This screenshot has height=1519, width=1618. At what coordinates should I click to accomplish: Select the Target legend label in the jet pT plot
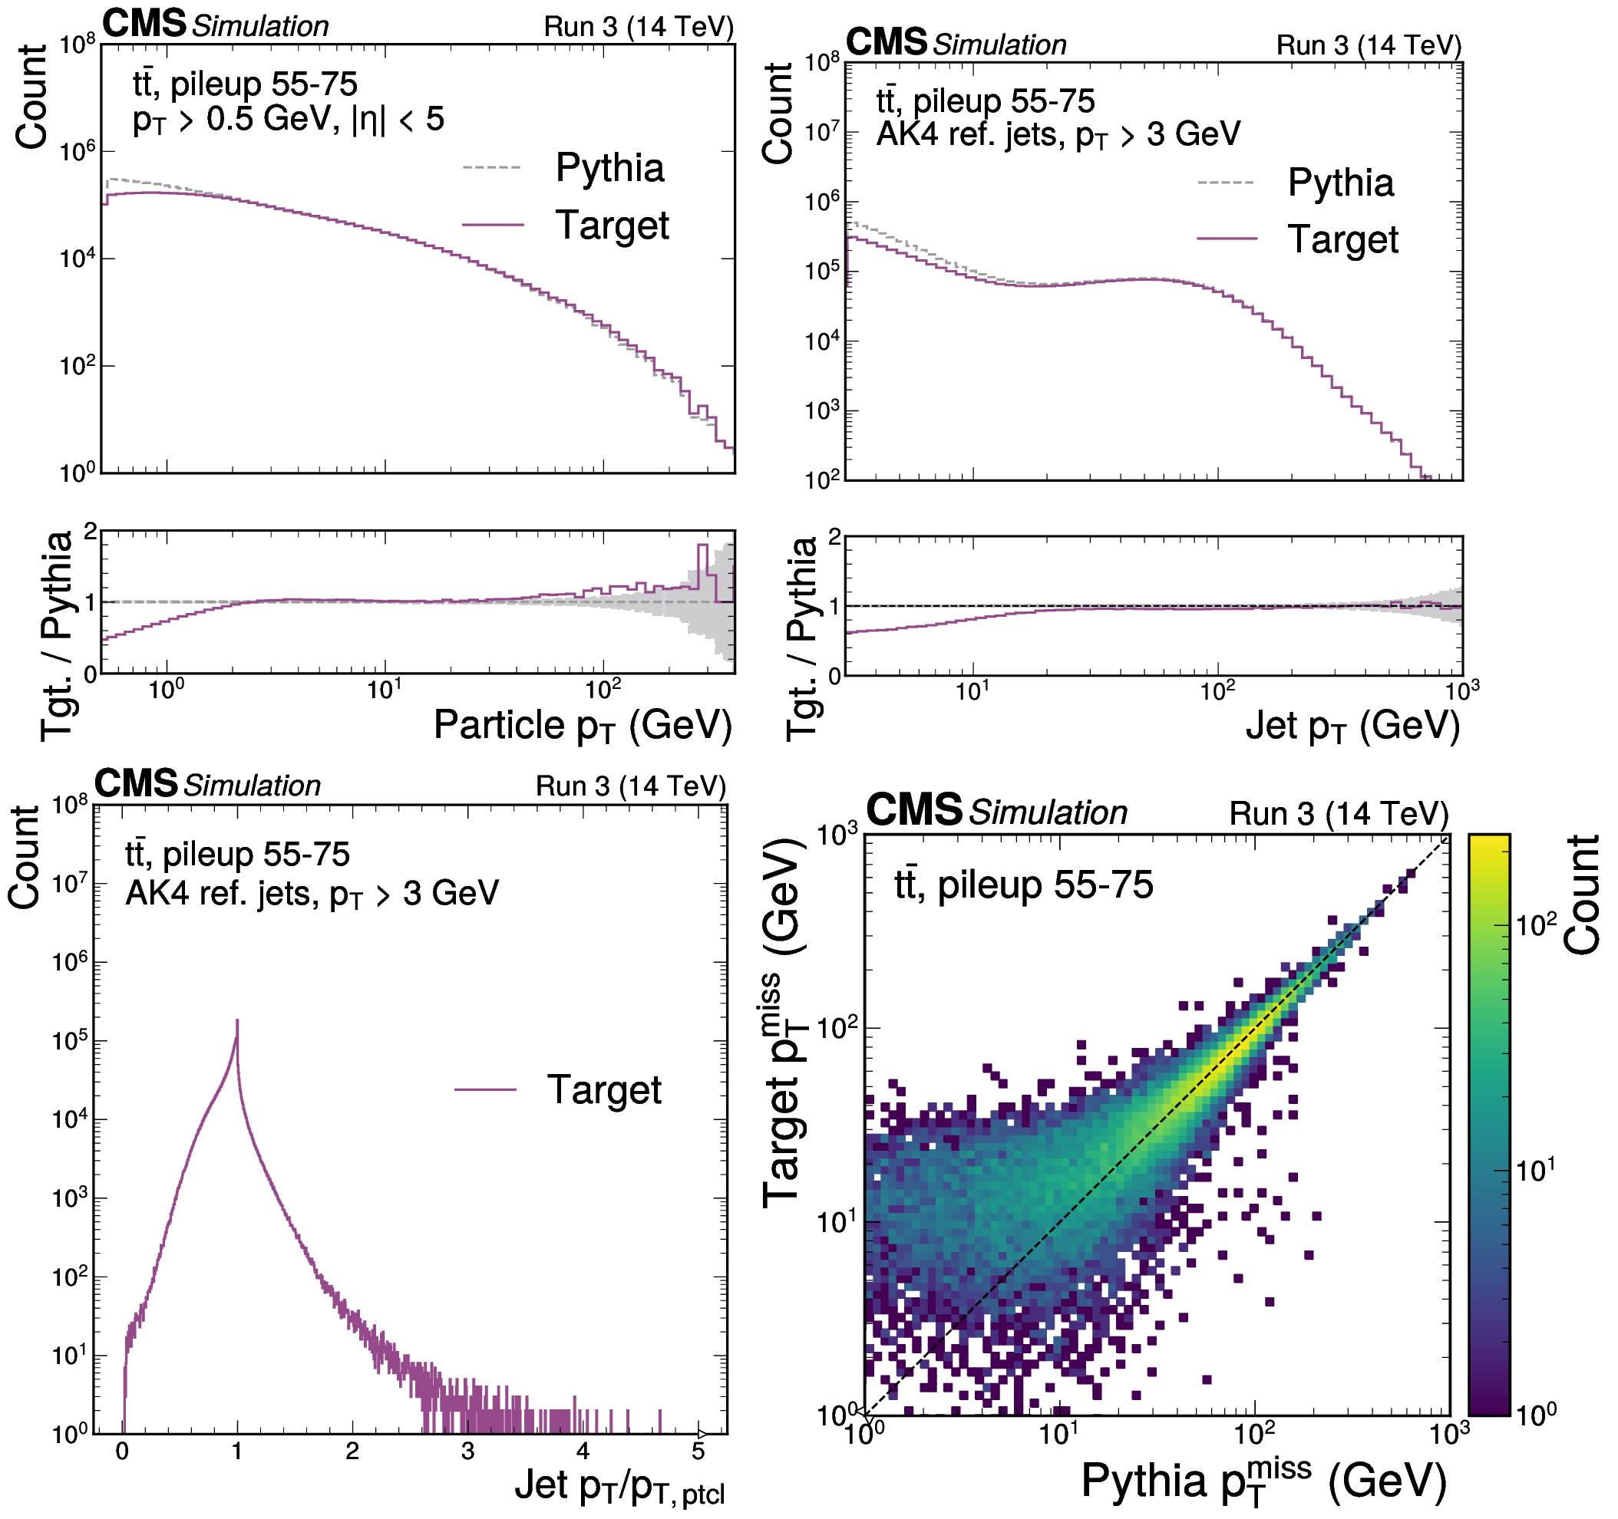coord(1343,239)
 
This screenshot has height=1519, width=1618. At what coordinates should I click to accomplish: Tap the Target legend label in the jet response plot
coord(604,1089)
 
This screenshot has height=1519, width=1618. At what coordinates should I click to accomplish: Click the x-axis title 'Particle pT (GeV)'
coord(583,725)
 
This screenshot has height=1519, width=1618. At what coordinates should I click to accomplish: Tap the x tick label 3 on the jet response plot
coord(467,1452)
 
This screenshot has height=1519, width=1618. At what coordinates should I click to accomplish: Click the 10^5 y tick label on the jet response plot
coord(70,1040)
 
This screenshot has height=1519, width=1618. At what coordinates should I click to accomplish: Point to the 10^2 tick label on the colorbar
coord(1536,924)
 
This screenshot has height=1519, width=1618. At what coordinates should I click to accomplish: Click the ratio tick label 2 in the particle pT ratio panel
coord(90,532)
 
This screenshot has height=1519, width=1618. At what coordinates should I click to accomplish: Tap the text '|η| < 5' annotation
coord(398,120)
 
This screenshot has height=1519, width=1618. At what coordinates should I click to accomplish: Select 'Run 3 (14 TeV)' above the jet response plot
coord(630,786)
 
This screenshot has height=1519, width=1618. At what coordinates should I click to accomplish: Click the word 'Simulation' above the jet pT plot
coord(999,44)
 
